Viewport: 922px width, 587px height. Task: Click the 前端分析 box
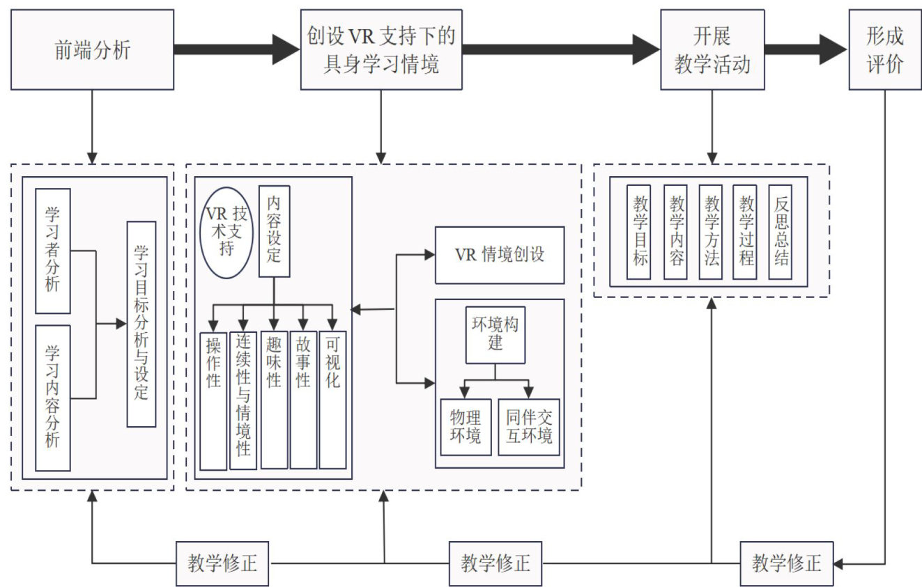92,49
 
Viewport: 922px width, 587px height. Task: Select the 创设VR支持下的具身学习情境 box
381,49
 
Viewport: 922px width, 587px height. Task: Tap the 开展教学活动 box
712,49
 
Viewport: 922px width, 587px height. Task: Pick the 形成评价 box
884,49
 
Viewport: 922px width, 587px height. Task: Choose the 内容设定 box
274,231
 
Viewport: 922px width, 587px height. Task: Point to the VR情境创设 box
499,255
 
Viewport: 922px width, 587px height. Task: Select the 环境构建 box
495,334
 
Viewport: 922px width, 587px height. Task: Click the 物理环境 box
466,426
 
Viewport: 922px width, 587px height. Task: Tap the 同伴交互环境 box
529,426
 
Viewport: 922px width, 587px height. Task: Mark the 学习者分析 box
53,250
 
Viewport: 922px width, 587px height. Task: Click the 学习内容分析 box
53,398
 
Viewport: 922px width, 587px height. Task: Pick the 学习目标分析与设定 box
141,324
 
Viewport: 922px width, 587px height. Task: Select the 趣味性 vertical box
274,399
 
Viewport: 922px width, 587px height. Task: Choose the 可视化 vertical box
332,399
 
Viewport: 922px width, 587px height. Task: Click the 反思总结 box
780,232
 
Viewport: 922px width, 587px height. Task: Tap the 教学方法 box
711,232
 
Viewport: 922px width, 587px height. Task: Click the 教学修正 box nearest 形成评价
786,563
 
